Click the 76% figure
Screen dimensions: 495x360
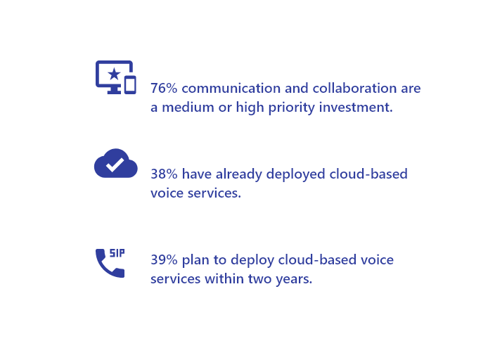pos(164,88)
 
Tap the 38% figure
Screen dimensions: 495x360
pos(164,174)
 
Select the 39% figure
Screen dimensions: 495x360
pos(164,260)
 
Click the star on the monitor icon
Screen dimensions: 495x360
pos(114,75)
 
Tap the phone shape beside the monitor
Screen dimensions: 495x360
pos(130,85)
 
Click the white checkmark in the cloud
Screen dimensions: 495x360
pos(115,165)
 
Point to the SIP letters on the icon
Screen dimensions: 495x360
pos(117,253)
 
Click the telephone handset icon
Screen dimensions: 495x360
pos(110,263)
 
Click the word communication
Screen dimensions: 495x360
pos(231,88)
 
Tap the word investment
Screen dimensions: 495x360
pos(356,108)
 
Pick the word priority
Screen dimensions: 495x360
pos(292,108)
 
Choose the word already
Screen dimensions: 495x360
pos(239,174)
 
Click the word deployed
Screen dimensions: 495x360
pos(296,174)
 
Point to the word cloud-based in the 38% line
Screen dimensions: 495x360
pos(368,174)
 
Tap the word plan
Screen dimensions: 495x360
pos(195,261)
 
